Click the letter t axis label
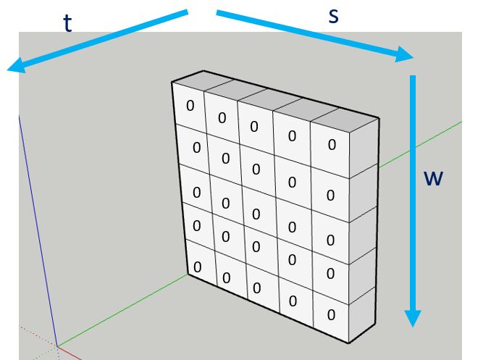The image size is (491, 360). click(67, 24)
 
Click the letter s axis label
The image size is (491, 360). click(333, 16)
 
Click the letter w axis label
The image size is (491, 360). click(433, 177)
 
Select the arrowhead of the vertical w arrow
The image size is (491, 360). click(413, 318)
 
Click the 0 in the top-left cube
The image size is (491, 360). click(190, 105)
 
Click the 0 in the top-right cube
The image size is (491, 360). click(332, 144)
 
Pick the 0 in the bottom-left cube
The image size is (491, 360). click(196, 267)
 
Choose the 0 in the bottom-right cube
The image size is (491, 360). click(331, 314)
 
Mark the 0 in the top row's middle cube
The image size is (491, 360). click(253, 126)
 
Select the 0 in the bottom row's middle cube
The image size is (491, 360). click(256, 288)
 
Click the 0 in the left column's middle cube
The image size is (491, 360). click(194, 191)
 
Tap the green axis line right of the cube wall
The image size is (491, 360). click(420, 145)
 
